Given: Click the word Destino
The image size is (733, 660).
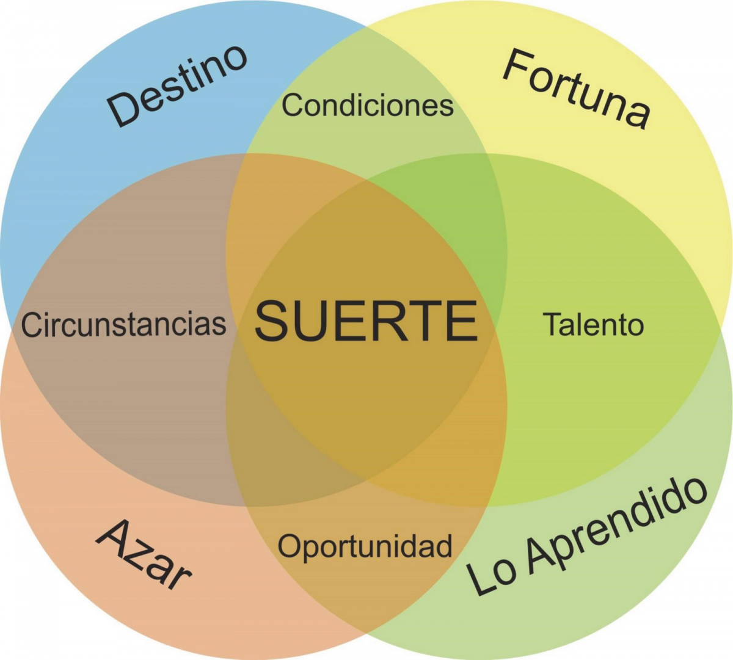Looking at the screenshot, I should pyautogui.click(x=178, y=85).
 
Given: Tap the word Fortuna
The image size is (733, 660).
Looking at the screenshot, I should pyautogui.click(x=576, y=89).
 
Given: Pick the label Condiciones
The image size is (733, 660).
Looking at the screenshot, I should pyautogui.click(x=368, y=105).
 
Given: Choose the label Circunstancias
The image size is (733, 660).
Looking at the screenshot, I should pyautogui.click(x=124, y=324).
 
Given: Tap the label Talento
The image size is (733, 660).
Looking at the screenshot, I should pyautogui.click(x=593, y=324).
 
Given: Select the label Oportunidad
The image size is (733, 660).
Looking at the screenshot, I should pyautogui.click(x=365, y=545).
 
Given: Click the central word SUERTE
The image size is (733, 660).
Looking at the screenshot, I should pyautogui.click(x=366, y=321).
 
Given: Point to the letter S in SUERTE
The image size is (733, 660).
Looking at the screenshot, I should pyautogui.click(x=271, y=321).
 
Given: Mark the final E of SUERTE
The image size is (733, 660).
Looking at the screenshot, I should pyautogui.click(x=462, y=321).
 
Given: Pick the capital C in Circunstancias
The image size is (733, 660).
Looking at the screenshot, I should pyautogui.click(x=31, y=325).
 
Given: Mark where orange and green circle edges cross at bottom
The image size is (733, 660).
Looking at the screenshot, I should pyautogui.click(x=366, y=633).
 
